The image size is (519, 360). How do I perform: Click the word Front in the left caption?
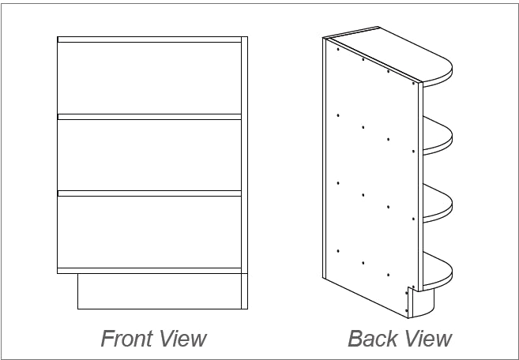click(126, 339)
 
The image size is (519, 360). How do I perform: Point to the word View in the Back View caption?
click(427, 339)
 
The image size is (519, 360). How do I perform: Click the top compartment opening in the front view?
click(149, 77)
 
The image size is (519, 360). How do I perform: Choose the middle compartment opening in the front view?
click(149, 154)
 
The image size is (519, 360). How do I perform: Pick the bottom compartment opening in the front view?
click(149, 231)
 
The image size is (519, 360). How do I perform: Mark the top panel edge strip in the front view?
click(149, 39)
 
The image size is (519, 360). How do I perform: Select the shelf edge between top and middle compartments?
click(149, 117)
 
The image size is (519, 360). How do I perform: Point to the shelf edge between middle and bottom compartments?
click(149, 193)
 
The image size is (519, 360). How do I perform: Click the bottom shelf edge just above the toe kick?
click(149, 271)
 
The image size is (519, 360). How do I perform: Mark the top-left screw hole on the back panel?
click(337, 50)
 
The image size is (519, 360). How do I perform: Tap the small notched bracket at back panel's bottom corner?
click(408, 301)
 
